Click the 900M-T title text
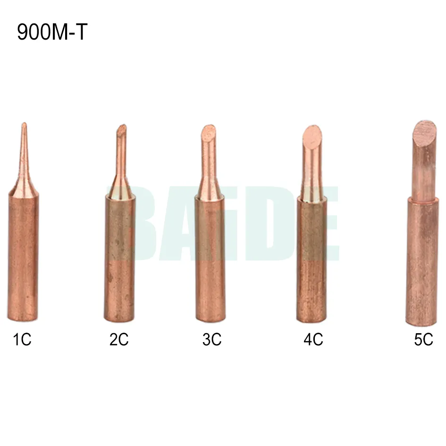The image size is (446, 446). point(52,32)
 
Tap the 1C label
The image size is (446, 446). point(22,339)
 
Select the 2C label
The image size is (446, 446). point(119,339)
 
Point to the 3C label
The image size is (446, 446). point(212,339)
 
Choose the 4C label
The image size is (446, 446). point(313,339)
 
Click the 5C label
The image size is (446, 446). point(423,339)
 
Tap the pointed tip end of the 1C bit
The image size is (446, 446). point(24,124)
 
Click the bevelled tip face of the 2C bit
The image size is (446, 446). point(122,130)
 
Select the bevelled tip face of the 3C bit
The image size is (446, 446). point(209,133)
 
